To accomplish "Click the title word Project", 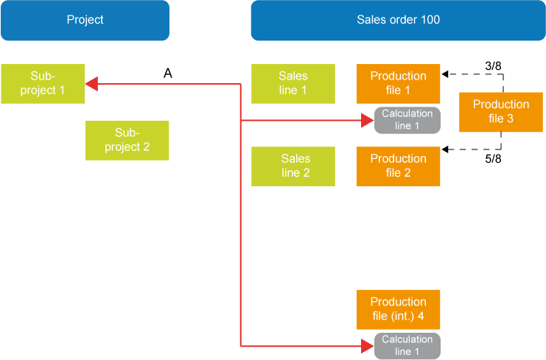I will coord(85,20).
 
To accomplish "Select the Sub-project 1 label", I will coord(43,82).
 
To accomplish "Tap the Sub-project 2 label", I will coord(127,139).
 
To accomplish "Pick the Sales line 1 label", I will coord(293,82).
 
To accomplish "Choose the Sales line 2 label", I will coord(293,165).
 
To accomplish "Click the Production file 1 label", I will coord(398,82).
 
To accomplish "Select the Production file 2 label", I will coord(398,165).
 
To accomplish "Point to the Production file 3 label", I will coord(501,111).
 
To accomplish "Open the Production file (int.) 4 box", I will coord(398,309).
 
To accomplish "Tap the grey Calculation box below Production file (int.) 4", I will coord(407,345).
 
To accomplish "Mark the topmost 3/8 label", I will coord(494,67).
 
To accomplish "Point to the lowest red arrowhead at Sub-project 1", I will coord(91,116).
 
